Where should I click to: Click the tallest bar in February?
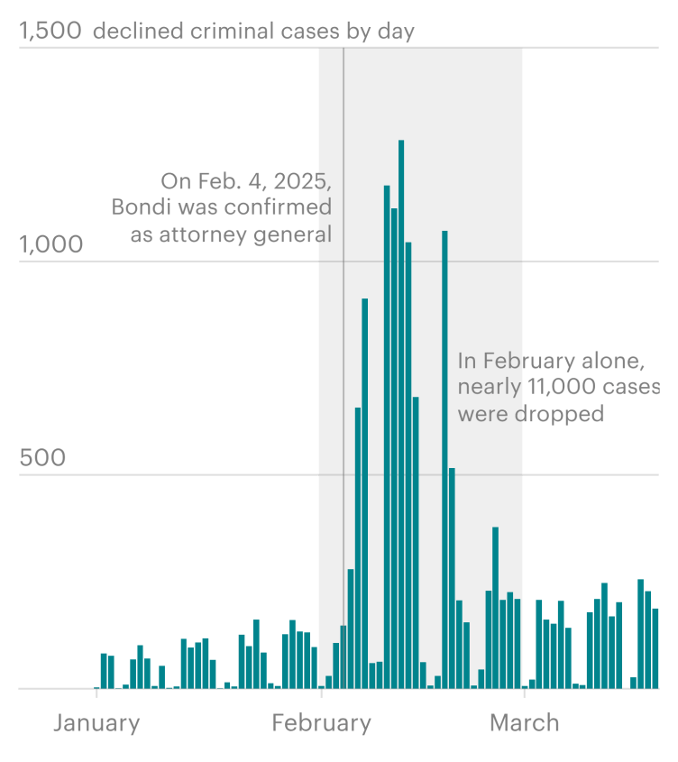coord(401,415)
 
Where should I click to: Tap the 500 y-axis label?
coord(43,458)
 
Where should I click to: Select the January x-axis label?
coord(96,722)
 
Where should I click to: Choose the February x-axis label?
coord(321,722)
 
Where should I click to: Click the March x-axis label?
coord(524,722)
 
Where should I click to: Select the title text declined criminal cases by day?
coord(254,32)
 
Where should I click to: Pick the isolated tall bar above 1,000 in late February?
coord(444,460)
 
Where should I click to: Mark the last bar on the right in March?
coord(656,649)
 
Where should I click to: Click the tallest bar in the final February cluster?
coord(495,609)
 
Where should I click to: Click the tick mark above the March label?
coord(524,693)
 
